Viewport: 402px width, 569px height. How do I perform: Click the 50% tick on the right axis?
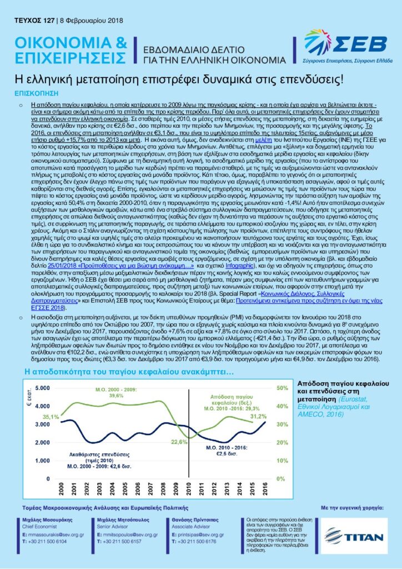click(x=282, y=402)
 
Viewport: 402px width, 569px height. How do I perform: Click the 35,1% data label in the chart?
click(x=51, y=416)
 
